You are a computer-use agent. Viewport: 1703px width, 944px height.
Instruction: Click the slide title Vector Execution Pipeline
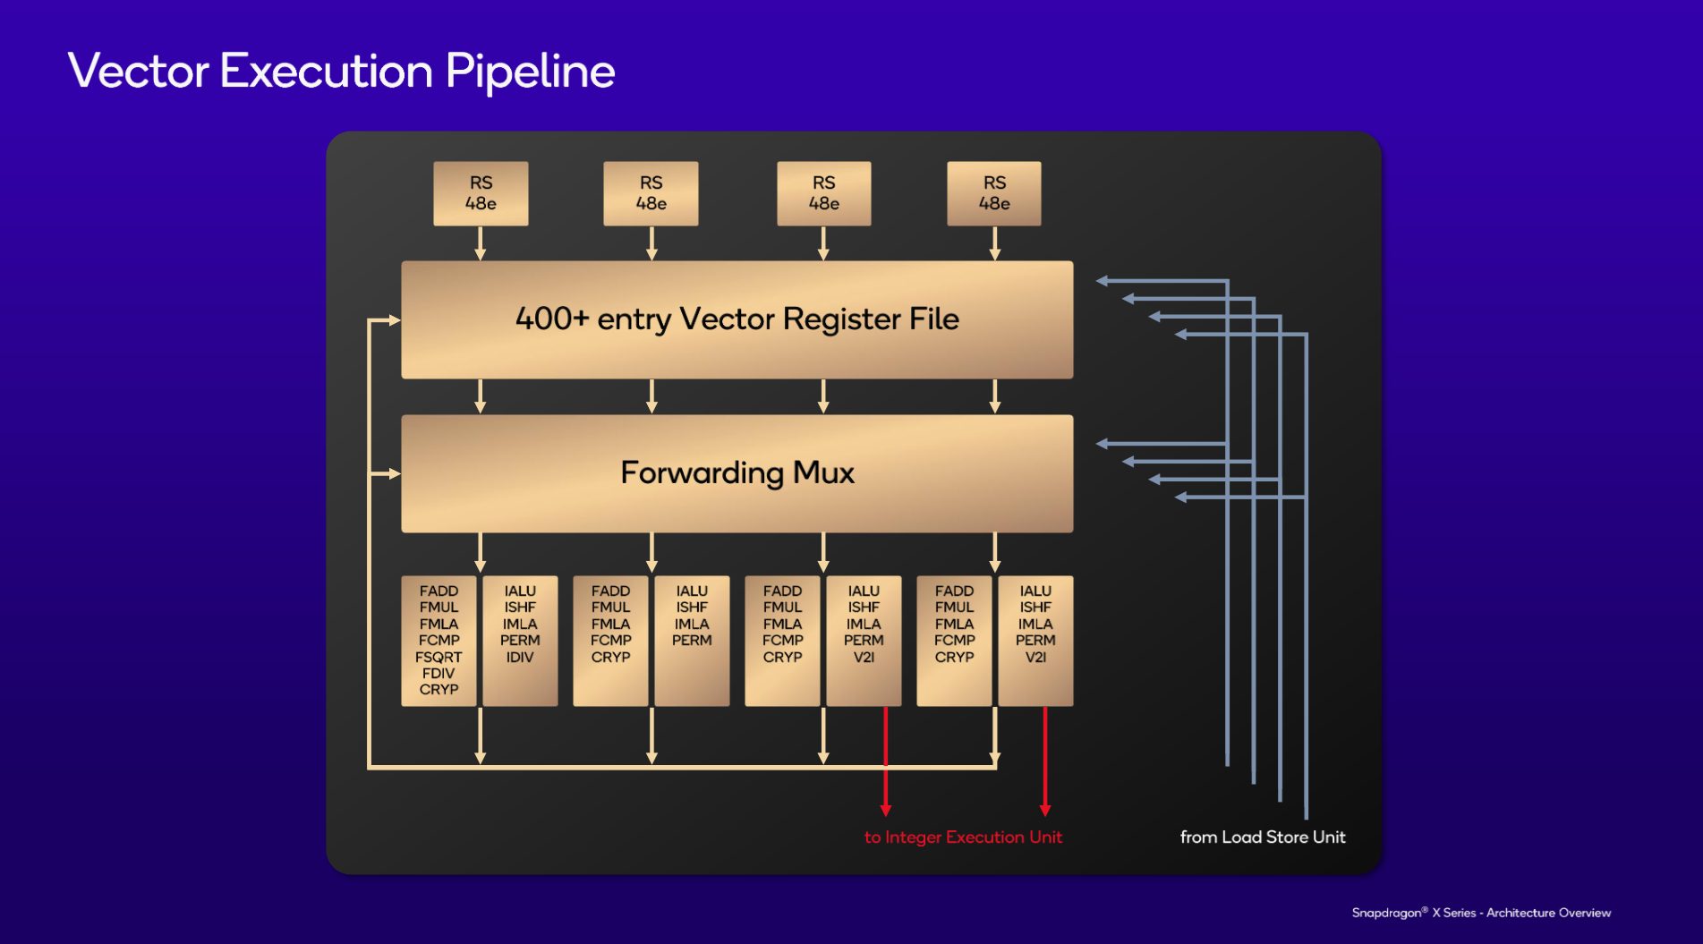click(x=341, y=71)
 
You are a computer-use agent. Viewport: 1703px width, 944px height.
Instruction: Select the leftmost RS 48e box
click(x=481, y=193)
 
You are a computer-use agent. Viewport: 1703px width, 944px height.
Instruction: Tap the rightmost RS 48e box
click(x=994, y=193)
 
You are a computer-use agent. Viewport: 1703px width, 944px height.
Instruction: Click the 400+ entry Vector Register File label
click(x=737, y=319)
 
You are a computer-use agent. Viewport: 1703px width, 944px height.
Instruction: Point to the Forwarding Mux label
click(x=737, y=472)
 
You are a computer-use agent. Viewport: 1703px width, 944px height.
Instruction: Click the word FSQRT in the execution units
click(x=439, y=657)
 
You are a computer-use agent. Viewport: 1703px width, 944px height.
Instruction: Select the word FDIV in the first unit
click(x=439, y=673)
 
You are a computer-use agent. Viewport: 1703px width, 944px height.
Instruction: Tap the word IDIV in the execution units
click(x=520, y=657)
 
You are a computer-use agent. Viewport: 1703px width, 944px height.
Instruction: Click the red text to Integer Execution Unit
click(x=963, y=838)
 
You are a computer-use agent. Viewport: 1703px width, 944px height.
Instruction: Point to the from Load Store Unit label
click(x=1262, y=838)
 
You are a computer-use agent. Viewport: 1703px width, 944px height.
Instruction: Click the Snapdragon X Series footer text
click(x=1481, y=913)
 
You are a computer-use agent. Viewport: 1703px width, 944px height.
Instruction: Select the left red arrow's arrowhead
click(x=886, y=810)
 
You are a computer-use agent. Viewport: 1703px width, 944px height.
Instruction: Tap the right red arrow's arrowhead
click(x=1045, y=810)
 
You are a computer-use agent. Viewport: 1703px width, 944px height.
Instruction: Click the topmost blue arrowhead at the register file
click(x=1103, y=281)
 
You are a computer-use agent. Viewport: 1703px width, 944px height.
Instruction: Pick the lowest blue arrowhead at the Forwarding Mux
click(x=1181, y=497)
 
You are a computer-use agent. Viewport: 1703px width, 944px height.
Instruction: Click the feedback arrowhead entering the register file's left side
click(x=395, y=319)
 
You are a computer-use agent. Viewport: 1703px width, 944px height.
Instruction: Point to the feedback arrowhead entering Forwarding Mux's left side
click(x=395, y=473)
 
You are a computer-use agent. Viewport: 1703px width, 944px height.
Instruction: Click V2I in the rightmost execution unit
click(x=1035, y=657)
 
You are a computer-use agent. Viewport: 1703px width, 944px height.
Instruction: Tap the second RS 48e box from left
click(x=651, y=193)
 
